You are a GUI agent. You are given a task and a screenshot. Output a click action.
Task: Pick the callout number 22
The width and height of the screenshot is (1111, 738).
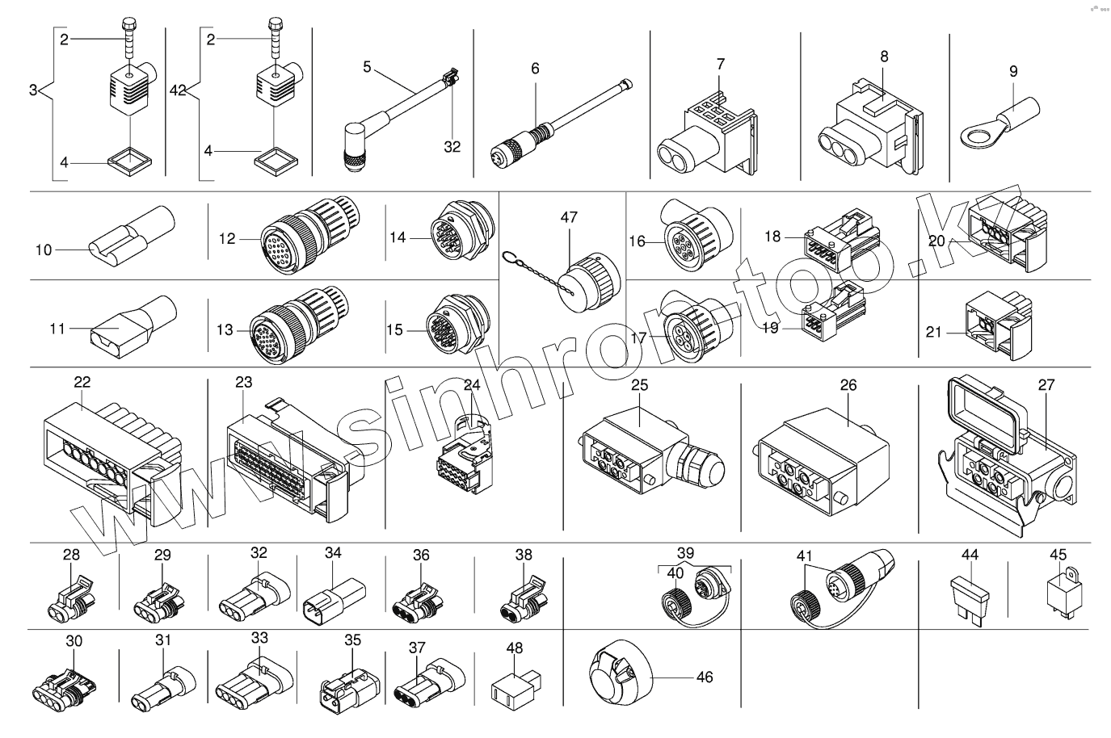click(x=82, y=382)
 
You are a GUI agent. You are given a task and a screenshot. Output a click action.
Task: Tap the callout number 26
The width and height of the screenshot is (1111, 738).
click(x=848, y=385)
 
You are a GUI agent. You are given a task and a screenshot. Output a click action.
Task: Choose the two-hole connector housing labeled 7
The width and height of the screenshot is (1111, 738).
click(x=708, y=135)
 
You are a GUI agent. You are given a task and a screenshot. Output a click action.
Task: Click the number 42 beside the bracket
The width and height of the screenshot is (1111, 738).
click(x=178, y=90)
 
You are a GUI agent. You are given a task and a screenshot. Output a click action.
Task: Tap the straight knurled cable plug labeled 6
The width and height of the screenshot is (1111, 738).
click(x=561, y=123)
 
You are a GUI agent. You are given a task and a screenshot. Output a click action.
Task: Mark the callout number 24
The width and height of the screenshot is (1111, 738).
click(x=472, y=384)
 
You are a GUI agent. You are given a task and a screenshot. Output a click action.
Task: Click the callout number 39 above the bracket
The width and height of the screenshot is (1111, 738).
click(x=685, y=552)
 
